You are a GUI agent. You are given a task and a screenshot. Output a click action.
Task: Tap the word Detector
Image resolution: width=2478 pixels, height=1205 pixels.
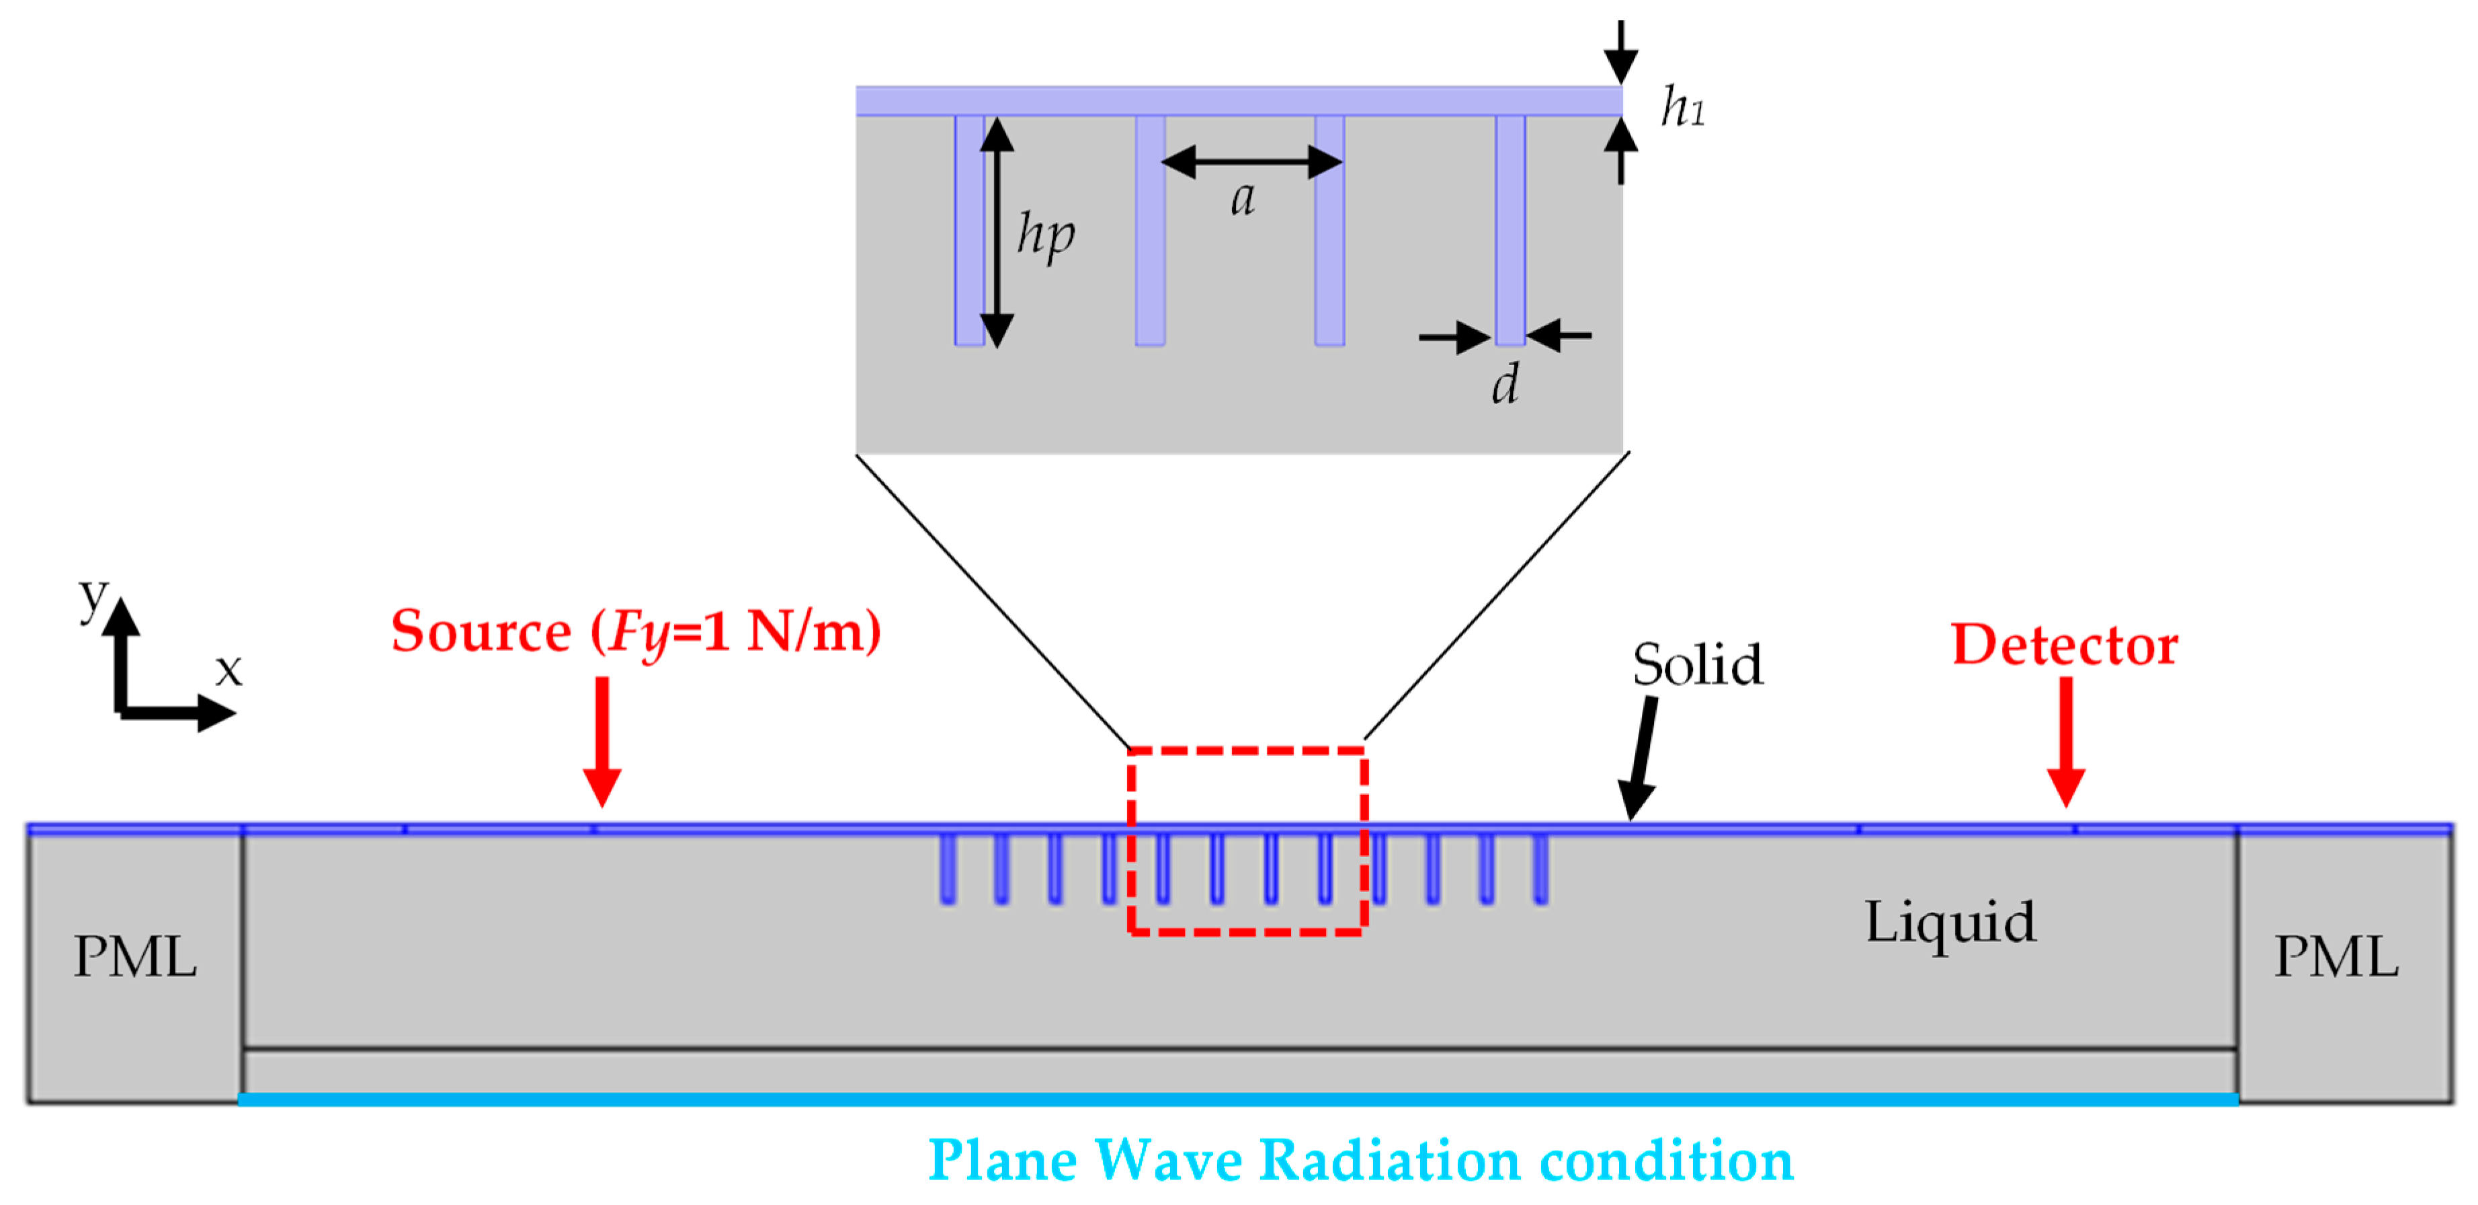point(2065,644)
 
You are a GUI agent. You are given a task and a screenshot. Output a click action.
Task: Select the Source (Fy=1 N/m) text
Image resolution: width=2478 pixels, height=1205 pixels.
point(636,632)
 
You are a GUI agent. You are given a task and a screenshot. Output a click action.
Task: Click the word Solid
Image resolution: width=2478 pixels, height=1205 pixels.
point(1698,664)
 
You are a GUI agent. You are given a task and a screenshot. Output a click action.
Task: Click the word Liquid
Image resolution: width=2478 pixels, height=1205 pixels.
point(1950,922)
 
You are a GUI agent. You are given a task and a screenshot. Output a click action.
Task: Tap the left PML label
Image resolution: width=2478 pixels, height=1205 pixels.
point(136,957)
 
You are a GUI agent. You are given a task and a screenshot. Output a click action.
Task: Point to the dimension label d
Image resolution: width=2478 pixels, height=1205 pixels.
point(1505,385)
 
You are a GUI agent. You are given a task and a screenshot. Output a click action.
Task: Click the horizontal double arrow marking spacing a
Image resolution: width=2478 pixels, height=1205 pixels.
point(1251,161)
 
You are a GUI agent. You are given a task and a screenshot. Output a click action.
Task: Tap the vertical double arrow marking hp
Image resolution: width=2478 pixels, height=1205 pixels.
point(997,231)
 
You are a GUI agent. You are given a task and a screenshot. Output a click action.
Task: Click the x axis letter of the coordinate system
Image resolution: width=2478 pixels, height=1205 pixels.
point(229,670)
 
